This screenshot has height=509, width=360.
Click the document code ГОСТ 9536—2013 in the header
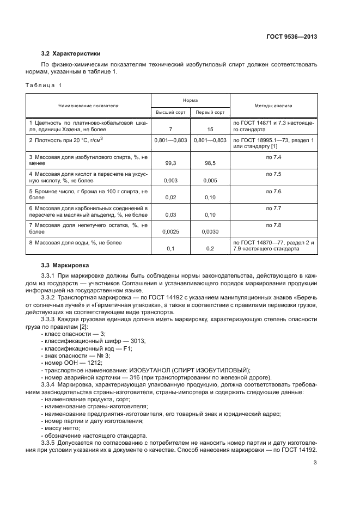(x=291, y=37)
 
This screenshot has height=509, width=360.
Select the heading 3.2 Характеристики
(x=71, y=53)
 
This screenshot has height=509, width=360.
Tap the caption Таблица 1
(x=44, y=85)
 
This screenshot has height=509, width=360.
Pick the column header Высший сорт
(x=171, y=112)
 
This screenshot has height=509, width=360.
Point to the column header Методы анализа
(x=273, y=106)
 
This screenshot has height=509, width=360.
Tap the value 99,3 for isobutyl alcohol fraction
(x=171, y=162)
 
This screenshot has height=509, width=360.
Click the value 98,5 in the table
(x=210, y=162)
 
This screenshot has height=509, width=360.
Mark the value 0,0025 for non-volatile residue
(x=171, y=231)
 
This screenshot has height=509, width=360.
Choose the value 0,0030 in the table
(x=210, y=231)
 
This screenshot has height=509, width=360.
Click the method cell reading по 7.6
(x=273, y=191)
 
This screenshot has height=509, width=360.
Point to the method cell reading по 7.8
(x=273, y=225)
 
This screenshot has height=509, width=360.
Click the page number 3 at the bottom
(x=315, y=463)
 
